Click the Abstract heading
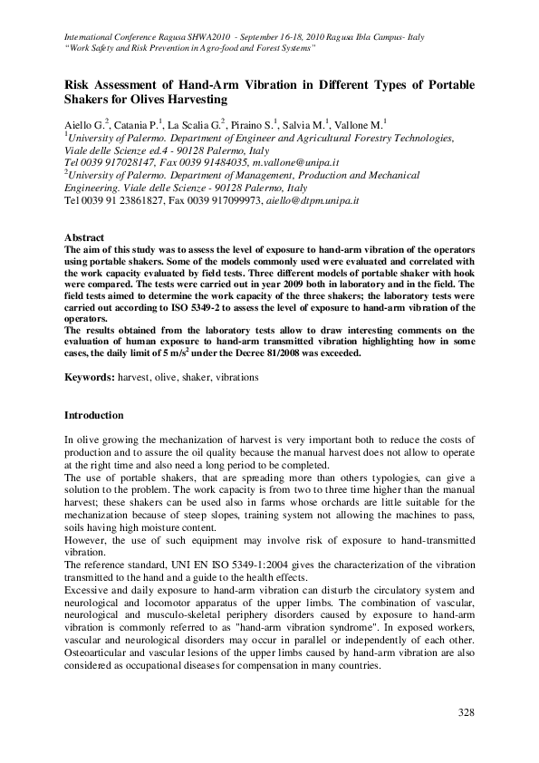click(82, 237)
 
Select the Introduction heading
click(93, 415)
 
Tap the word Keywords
click(88, 374)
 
